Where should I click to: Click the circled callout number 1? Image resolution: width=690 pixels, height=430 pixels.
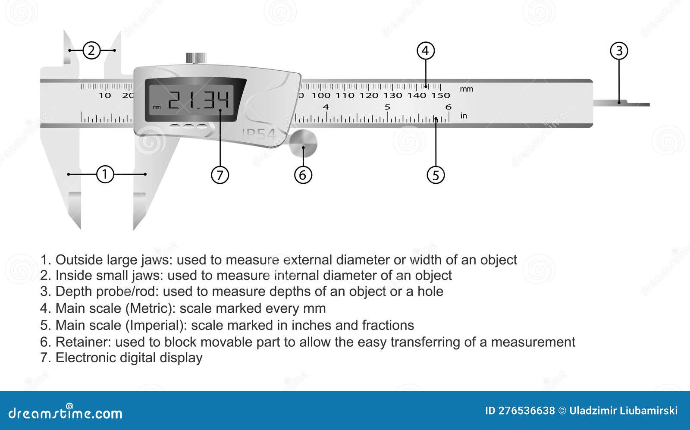[105, 174]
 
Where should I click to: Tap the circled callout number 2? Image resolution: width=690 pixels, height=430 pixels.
[91, 50]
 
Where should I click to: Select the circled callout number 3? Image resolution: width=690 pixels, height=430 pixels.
[619, 51]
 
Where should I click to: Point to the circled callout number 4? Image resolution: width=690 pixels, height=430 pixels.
[425, 51]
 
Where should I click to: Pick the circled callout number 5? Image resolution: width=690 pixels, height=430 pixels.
[436, 175]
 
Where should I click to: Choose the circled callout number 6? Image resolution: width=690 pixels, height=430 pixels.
[303, 175]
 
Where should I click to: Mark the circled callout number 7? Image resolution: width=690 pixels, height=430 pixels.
[220, 175]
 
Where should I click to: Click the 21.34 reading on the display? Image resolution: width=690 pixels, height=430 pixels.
[198, 101]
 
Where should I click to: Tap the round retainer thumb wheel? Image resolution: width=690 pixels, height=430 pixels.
[303, 144]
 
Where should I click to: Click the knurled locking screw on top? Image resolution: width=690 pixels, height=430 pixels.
[196, 58]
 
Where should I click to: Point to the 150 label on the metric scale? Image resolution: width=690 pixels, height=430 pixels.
[441, 95]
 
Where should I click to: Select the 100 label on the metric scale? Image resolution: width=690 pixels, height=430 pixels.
[321, 95]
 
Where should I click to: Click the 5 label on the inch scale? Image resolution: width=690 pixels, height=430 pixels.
[387, 107]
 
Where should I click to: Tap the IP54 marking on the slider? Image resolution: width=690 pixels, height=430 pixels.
[259, 135]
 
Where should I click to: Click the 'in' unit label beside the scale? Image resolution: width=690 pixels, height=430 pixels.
[464, 116]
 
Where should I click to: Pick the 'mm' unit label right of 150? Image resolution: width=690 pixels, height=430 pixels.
[466, 89]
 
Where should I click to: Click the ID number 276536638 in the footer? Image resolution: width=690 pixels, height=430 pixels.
[526, 411]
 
